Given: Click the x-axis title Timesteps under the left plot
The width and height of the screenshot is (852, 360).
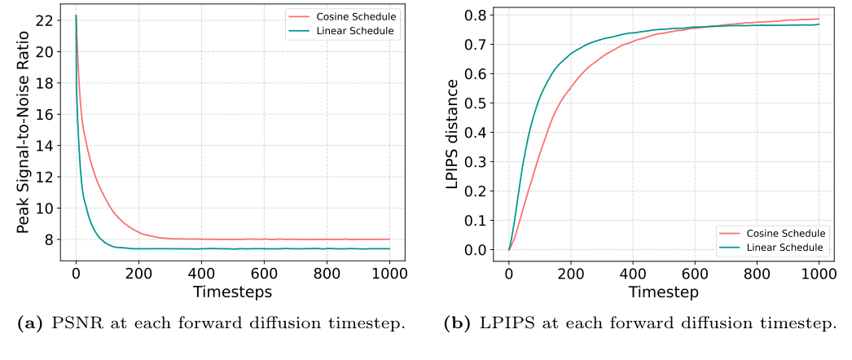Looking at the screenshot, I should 232,291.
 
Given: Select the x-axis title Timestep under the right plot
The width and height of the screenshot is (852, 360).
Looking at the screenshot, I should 663,291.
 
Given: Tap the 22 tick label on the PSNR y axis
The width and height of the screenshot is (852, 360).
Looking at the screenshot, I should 45,20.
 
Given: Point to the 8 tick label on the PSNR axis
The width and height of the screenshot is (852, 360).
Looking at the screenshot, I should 49,239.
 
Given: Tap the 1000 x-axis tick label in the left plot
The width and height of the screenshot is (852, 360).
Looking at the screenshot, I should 389,274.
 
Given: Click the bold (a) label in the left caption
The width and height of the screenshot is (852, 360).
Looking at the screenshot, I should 34,323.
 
